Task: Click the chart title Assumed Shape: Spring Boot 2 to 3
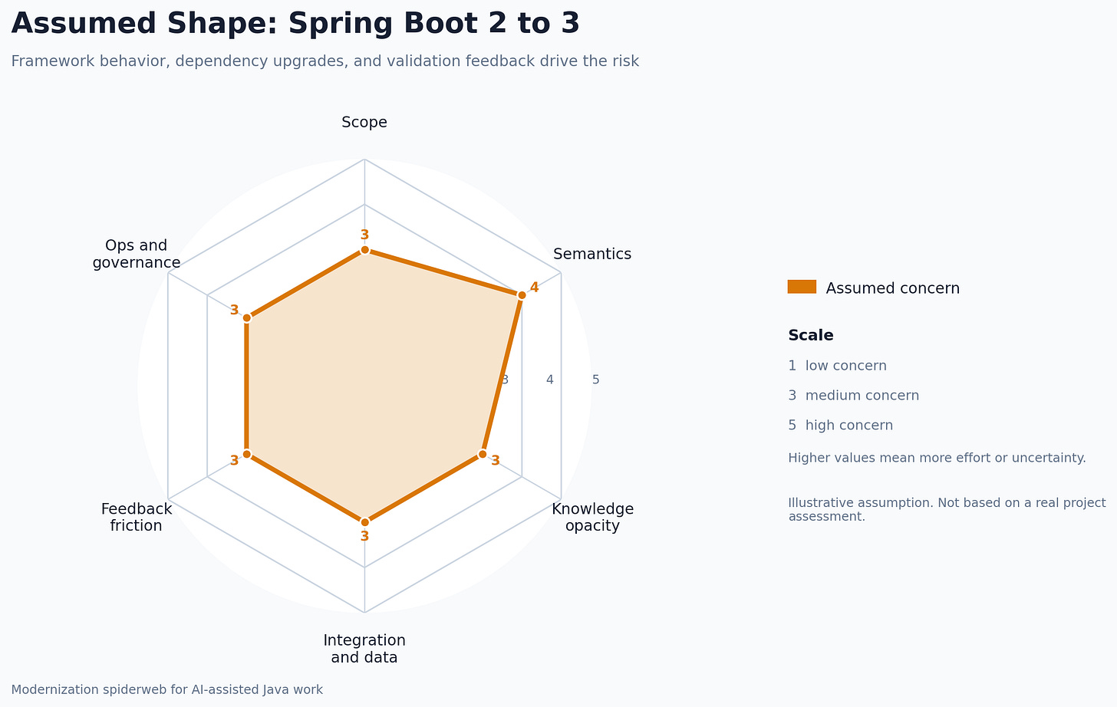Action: [295, 24]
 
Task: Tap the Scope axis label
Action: [364, 123]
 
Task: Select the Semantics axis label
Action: [592, 254]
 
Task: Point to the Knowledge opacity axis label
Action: [592, 517]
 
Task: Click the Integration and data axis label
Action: [364, 649]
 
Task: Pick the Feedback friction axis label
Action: [137, 517]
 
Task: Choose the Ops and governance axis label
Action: [137, 254]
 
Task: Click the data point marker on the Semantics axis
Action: [522, 295]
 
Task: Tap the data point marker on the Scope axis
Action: [364, 250]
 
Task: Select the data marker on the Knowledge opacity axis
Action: [483, 454]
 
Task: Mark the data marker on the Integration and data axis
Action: [364, 522]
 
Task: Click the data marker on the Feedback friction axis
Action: [246, 454]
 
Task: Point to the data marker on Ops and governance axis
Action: [246, 317]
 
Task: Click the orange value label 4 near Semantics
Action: [535, 288]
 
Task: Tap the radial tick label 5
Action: [596, 380]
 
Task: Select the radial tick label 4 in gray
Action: [550, 380]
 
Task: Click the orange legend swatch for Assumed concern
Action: [802, 287]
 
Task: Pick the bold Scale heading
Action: [810, 335]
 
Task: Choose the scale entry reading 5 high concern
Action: [840, 426]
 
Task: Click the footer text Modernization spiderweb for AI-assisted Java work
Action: [167, 689]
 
